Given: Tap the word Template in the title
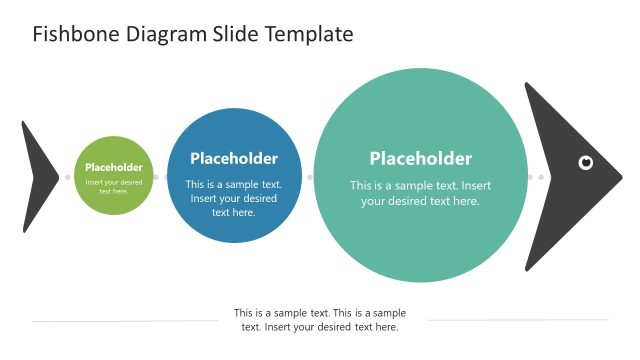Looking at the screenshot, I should pyautogui.click(x=309, y=35).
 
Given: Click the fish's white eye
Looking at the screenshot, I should pyautogui.click(x=586, y=162).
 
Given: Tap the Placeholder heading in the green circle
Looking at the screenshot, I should pyautogui.click(x=114, y=167).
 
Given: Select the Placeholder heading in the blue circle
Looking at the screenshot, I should pyautogui.click(x=234, y=158).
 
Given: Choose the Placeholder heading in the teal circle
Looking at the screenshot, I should pyautogui.click(x=420, y=158).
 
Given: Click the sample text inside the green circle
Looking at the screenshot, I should pyautogui.click(x=114, y=186).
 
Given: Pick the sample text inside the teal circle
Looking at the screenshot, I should pyautogui.click(x=420, y=193).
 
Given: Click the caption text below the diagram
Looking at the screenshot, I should pyautogui.click(x=320, y=320).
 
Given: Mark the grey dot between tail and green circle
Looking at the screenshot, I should pyautogui.click(x=68, y=177).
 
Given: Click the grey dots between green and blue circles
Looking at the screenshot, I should pyautogui.click(x=161, y=177).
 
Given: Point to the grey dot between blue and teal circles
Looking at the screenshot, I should pyautogui.click(x=310, y=177).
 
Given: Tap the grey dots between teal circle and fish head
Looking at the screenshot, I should pyautogui.click(x=536, y=177).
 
